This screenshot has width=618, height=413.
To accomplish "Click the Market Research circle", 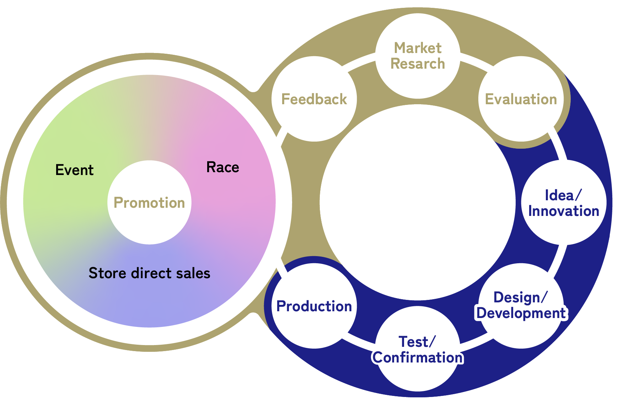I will pos(418,56).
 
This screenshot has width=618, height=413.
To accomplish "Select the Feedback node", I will pos(314,99).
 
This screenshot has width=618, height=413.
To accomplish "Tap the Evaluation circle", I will pos(521,99).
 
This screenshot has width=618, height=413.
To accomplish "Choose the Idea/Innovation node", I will pos(563,203).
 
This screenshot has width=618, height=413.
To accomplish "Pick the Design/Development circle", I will pos(521,305).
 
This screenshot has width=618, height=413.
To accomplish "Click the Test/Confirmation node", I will pos(418,349).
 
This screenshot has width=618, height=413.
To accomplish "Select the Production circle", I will pos(314,306).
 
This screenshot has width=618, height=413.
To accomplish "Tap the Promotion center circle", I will pos(149,202).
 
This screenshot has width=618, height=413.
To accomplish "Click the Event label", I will pos(74,170).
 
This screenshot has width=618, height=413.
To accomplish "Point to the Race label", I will pos(222,167).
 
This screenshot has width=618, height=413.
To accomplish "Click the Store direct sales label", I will pos(149,273).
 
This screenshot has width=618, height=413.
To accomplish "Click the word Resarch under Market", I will pos(418,64).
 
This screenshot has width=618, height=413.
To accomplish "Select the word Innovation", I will pos(564,211).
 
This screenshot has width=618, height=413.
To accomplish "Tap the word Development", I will pos(521,313).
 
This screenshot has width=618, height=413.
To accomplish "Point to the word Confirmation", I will pos(418,358).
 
